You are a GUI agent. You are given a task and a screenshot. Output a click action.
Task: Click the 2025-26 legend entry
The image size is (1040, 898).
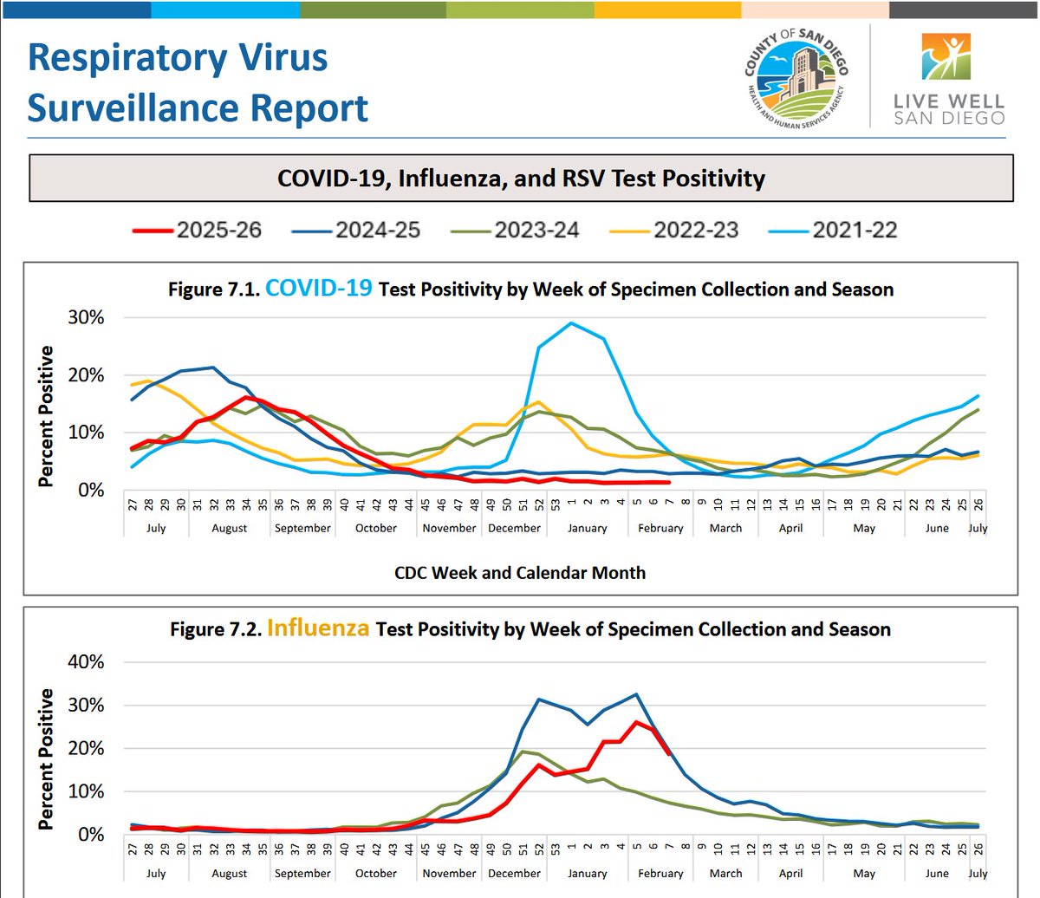click(197, 230)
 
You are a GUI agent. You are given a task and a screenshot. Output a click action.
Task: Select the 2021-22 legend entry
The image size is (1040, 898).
click(833, 230)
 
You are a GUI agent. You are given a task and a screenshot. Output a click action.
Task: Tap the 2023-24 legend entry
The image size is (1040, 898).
click(515, 230)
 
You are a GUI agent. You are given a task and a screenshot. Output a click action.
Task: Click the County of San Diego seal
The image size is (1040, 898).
click(796, 77)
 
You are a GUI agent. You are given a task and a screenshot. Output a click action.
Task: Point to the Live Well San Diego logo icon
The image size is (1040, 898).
click(946, 56)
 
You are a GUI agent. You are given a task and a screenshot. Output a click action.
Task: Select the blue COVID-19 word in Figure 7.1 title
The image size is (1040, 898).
click(319, 289)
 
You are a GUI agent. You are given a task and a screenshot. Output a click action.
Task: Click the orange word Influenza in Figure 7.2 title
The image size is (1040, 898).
click(318, 628)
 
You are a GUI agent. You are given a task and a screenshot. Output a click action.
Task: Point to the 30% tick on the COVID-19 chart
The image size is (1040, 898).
click(86, 317)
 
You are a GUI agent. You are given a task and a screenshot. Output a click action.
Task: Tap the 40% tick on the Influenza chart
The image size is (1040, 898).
click(86, 661)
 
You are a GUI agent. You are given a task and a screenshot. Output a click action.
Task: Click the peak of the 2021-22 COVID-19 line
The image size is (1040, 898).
click(570, 322)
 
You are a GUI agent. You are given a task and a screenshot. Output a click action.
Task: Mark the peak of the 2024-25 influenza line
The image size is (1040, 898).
click(636, 694)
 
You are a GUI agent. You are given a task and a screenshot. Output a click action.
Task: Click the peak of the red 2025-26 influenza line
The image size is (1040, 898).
click(636, 723)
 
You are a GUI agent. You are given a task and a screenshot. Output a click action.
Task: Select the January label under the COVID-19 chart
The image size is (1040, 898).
click(588, 528)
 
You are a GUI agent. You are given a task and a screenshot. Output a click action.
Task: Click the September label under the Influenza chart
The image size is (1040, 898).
click(302, 874)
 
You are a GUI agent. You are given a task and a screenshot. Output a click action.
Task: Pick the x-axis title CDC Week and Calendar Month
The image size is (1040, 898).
click(520, 573)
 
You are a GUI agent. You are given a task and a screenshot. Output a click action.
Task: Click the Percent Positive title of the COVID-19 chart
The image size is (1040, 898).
click(46, 416)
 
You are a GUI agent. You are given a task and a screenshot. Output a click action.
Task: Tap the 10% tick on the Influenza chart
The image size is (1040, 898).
click(86, 791)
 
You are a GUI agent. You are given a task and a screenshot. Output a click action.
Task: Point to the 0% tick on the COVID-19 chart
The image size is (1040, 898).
click(91, 490)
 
